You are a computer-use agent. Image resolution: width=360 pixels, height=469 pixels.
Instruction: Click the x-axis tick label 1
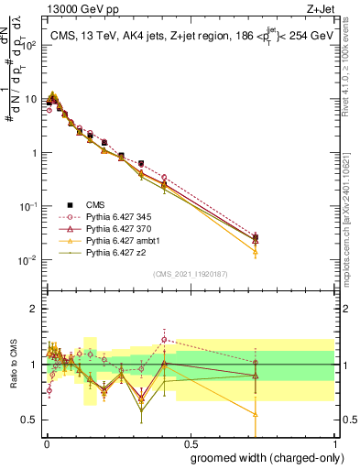coord(334,442)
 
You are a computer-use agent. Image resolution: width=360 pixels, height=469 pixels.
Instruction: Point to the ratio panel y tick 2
coord(35,309)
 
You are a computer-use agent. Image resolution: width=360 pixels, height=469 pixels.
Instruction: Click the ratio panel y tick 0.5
coord(31,420)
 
